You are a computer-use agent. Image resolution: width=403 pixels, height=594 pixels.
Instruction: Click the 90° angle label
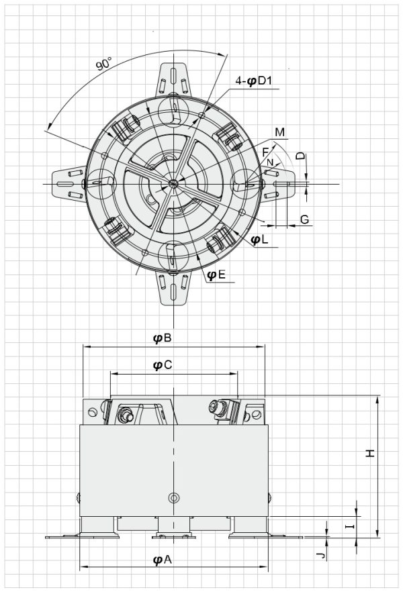pyautogui.click(x=104, y=64)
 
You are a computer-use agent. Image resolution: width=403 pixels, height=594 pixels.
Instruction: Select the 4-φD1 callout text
pyautogui.click(x=253, y=81)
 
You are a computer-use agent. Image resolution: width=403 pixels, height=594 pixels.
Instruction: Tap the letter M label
pyautogui.click(x=279, y=131)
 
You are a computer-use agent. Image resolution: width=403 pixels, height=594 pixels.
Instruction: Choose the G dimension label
pyautogui.click(x=304, y=219)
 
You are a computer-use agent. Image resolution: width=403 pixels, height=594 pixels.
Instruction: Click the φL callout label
pyautogui.click(x=259, y=239)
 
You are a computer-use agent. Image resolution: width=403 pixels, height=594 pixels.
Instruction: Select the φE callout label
pyautogui.click(x=216, y=274)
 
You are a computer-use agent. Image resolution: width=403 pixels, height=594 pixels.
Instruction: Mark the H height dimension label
pyautogui.click(x=369, y=454)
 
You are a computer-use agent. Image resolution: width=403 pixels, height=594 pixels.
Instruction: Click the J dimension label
pyautogui.click(x=321, y=556)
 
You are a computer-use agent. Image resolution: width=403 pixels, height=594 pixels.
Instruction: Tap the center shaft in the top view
pyautogui.click(x=173, y=183)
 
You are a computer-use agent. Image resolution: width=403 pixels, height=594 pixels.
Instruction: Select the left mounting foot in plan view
pyautogui.click(x=69, y=183)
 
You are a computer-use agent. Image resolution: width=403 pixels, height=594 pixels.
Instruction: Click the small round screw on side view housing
pyautogui.click(x=174, y=498)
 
